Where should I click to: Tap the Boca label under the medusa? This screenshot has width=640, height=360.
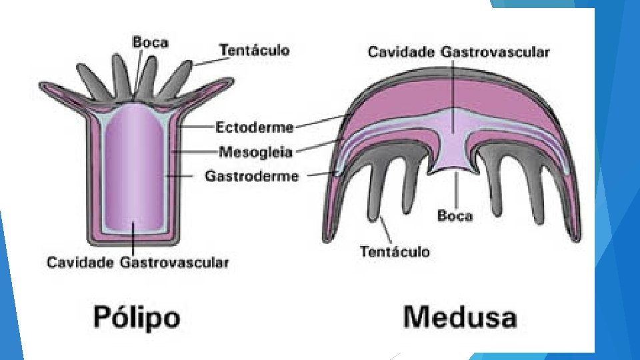[x=455, y=215]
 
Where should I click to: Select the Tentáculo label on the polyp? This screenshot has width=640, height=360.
[x=254, y=50]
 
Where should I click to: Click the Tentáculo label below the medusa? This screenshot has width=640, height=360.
[x=395, y=251]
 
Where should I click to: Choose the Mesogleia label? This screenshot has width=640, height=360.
[x=254, y=152]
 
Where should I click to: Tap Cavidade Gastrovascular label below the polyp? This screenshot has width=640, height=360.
[x=137, y=262]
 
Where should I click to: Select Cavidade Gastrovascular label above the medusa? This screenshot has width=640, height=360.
[x=459, y=52]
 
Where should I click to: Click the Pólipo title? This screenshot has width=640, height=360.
[x=137, y=316]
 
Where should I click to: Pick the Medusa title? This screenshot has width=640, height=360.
[x=460, y=316]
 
